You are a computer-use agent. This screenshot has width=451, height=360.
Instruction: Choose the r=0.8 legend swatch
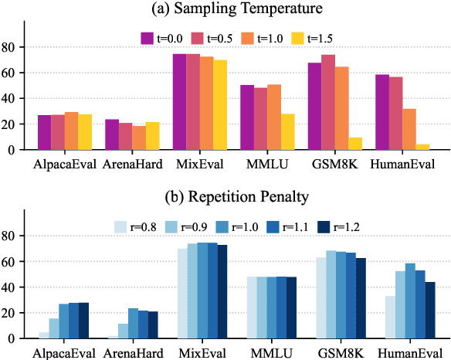click(x=120, y=226)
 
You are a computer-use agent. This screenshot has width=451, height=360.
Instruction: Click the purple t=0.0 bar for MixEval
click(x=181, y=102)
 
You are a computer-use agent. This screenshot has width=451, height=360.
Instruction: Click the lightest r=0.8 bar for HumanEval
click(x=388, y=317)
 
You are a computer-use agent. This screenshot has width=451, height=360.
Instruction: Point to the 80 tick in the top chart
click(x=12, y=47)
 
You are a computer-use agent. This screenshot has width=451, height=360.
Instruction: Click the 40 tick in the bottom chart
click(x=12, y=287)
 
